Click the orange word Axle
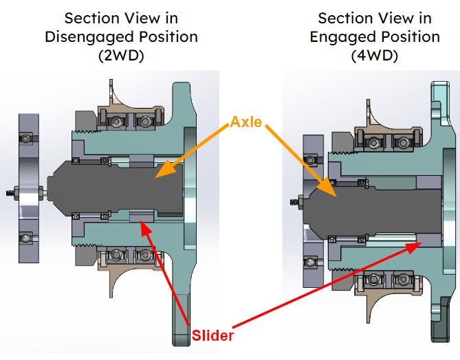(x=245, y=122)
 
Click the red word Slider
(x=212, y=336)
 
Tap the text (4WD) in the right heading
(x=375, y=56)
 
